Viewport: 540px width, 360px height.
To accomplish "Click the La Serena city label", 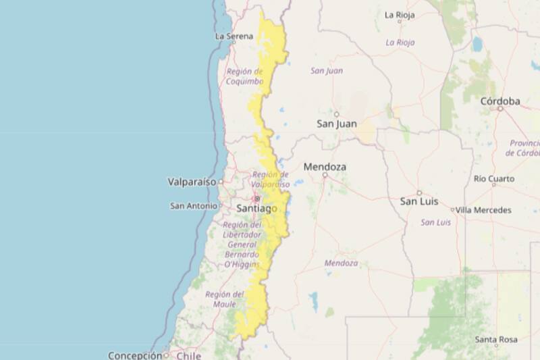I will (234, 36).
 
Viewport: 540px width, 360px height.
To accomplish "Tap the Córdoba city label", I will (500, 101).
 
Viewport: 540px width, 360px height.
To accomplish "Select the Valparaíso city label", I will (191, 182).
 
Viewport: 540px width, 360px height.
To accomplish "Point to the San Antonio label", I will (193, 205).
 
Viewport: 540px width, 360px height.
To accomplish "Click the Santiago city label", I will (256, 209).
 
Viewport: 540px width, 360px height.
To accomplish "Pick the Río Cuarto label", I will (493, 179).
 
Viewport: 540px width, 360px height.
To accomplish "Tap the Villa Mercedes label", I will (483, 210).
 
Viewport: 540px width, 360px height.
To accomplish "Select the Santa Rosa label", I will (495, 338).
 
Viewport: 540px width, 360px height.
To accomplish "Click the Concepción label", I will (135, 355).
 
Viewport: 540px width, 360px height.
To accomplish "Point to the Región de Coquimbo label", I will (245, 76).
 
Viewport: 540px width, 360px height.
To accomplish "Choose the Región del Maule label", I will (225, 299).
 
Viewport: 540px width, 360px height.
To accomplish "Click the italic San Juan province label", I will (327, 70).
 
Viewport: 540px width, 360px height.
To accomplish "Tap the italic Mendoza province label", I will (341, 263).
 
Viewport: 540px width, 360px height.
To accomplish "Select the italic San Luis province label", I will (435, 222).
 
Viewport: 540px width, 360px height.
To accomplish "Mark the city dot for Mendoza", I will (325, 175).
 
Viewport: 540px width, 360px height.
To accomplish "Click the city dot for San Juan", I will (336, 113).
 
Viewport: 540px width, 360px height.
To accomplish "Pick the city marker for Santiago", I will (256, 199).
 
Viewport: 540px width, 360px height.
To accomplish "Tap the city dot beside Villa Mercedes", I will (452, 210).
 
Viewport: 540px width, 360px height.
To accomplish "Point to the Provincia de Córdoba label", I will (524, 148).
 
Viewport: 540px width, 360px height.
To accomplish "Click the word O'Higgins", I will (241, 264).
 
